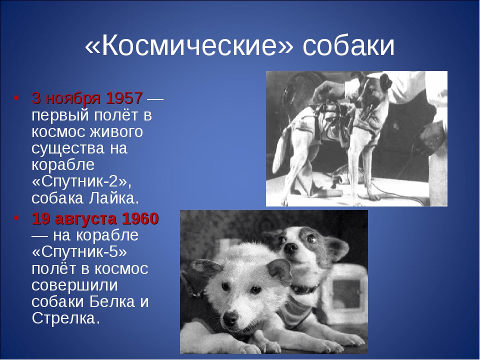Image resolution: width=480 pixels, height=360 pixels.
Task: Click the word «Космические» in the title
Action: pyautogui.click(x=189, y=46)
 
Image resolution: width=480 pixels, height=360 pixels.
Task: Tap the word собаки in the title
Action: pyautogui.click(x=348, y=46)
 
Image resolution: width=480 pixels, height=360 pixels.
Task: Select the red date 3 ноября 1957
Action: pyautogui.click(x=87, y=98)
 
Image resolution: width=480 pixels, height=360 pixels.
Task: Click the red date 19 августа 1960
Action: pyautogui.click(x=95, y=218)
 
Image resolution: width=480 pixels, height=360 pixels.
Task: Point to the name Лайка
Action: pyautogui.click(x=114, y=198)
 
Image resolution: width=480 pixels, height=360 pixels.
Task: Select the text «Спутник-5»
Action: pyautogui.click(x=79, y=252)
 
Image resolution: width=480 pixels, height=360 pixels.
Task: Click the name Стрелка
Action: pyautogui.click(x=65, y=318)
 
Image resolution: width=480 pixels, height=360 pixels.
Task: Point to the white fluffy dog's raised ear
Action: pyautogui.click(x=279, y=269)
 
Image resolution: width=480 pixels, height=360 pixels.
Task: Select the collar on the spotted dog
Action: pyautogui.click(x=304, y=288)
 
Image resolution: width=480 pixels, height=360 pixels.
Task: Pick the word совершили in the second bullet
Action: pyautogui.click(x=74, y=285)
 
